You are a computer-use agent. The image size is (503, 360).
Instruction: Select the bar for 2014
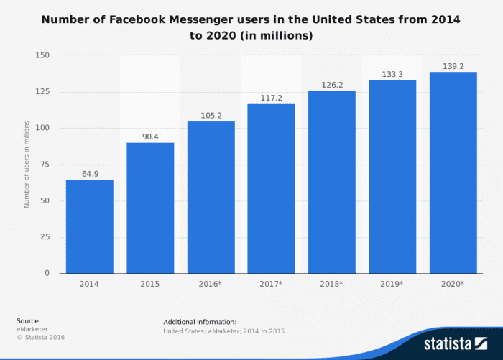(90, 226)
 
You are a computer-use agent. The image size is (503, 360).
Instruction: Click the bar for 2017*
(271, 188)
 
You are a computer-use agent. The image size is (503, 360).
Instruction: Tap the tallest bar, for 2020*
(453, 172)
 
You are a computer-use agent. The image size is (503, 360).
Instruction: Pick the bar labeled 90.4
(150, 208)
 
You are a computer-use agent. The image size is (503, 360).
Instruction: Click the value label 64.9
(90, 173)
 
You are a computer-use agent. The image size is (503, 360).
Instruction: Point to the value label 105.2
(211, 115)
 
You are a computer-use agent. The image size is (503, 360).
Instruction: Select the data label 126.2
(331, 84)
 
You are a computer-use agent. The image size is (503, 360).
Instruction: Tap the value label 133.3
(392, 74)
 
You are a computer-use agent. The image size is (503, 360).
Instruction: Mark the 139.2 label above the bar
(453, 65)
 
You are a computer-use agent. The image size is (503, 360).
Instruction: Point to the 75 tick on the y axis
(45, 165)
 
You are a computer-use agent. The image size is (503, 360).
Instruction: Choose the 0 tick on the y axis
(47, 273)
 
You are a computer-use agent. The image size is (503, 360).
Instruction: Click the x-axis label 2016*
(211, 285)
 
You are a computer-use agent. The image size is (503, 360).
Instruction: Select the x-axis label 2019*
(392, 285)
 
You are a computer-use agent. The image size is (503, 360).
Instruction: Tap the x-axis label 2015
(150, 285)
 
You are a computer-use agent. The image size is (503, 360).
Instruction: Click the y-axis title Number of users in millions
(27, 165)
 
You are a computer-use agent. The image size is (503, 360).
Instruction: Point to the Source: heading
(29, 320)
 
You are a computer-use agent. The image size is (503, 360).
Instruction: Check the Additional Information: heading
(200, 321)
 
